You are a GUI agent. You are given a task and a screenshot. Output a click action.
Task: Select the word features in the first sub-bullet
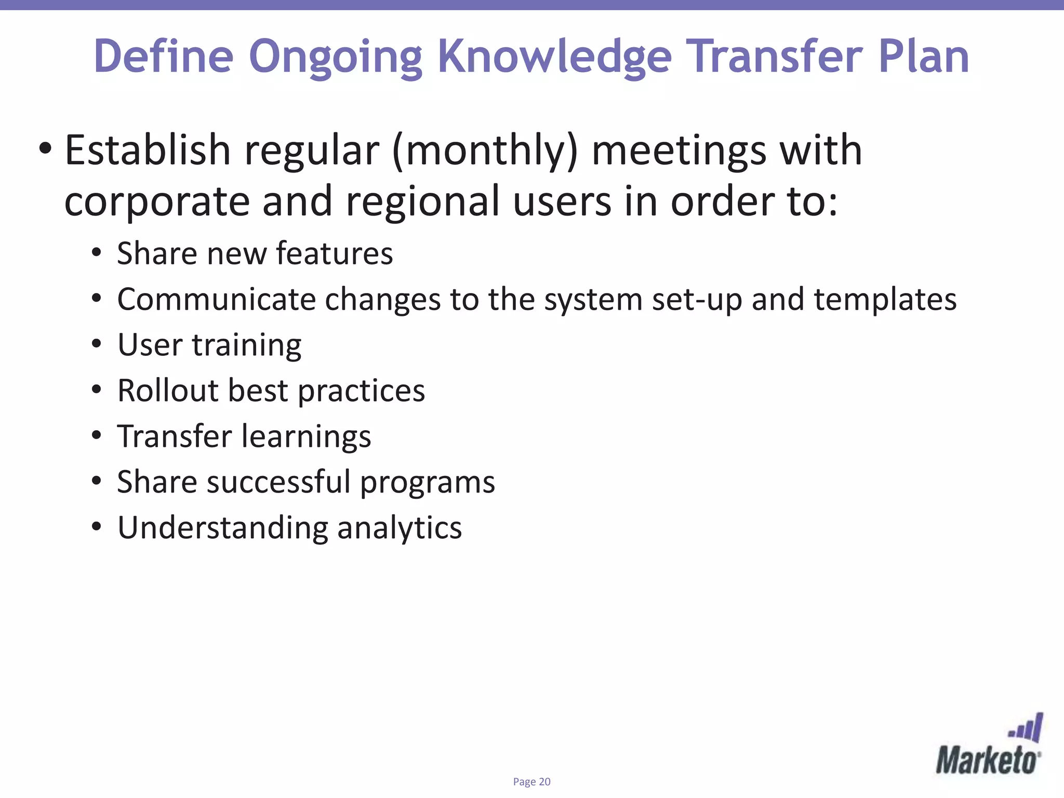click(334, 254)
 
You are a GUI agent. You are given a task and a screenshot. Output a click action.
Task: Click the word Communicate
click(216, 299)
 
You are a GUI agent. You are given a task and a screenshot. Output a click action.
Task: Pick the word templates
click(885, 300)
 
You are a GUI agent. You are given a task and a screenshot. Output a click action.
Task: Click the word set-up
click(696, 300)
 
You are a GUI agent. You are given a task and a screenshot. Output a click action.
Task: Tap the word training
click(246, 345)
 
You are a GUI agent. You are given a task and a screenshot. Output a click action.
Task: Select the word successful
click(278, 482)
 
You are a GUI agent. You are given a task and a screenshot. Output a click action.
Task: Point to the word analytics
click(399, 528)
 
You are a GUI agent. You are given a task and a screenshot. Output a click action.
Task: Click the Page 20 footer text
click(531, 782)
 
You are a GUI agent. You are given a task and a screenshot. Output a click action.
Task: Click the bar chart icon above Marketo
click(1027, 728)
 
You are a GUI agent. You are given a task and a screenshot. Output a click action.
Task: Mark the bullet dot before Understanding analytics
click(96, 527)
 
